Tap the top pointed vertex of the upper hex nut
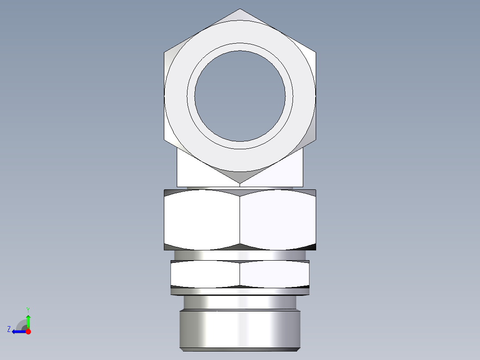click(x=240, y=10)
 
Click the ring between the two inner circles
click(x=240, y=47)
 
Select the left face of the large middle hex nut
click(x=202, y=220)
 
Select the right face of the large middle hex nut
click(x=278, y=220)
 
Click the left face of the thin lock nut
click(x=205, y=274)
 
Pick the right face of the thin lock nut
click(x=274, y=274)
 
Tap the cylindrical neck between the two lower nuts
click(x=240, y=255)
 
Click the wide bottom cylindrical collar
click(x=240, y=330)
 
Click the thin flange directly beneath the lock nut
click(x=240, y=291)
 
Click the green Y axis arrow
click(x=28, y=320)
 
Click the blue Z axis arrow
click(x=17, y=331)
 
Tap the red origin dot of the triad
click(x=28, y=331)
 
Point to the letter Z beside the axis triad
click(x=9, y=329)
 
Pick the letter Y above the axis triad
click(x=28, y=309)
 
